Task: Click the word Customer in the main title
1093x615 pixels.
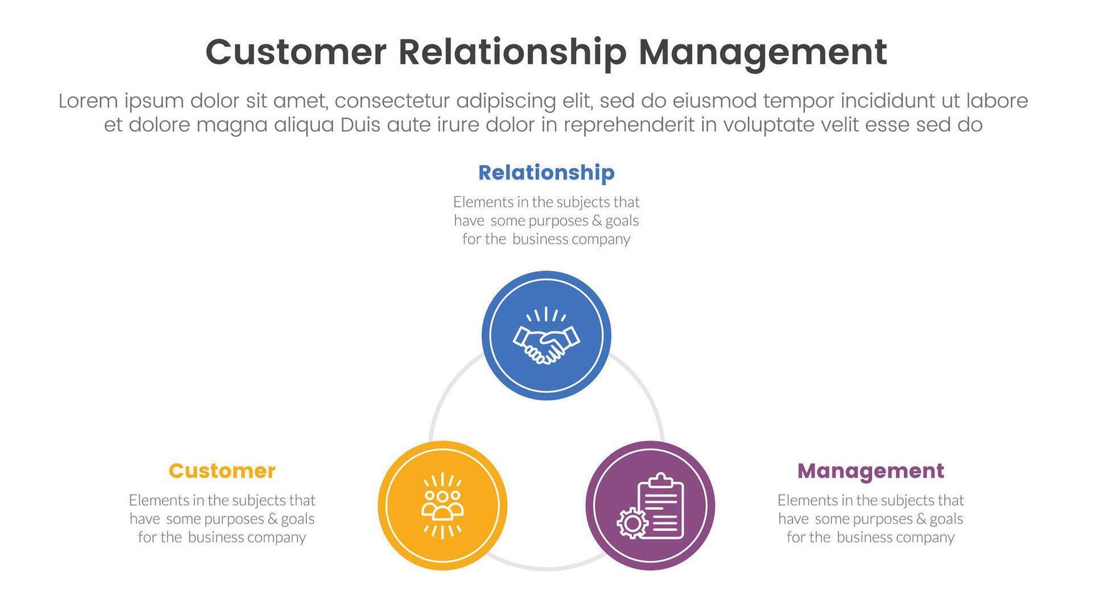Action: click(296, 52)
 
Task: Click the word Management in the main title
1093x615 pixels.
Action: click(762, 52)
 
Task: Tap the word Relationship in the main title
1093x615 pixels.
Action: click(512, 52)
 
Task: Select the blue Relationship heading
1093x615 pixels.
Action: click(546, 173)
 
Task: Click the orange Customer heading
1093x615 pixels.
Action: click(221, 471)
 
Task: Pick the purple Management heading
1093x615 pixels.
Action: click(870, 471)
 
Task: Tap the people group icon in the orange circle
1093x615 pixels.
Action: click(442, 505)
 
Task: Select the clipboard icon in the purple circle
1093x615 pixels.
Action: click(660, 506)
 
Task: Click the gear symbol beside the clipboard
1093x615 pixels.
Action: click(631, 523)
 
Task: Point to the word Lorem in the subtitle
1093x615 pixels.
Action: click(88, 101)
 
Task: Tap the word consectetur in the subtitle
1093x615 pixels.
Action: click(395, 101)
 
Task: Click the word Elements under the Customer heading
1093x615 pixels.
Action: click(157, 500)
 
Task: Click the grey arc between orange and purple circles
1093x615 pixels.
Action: click(545, 568)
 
